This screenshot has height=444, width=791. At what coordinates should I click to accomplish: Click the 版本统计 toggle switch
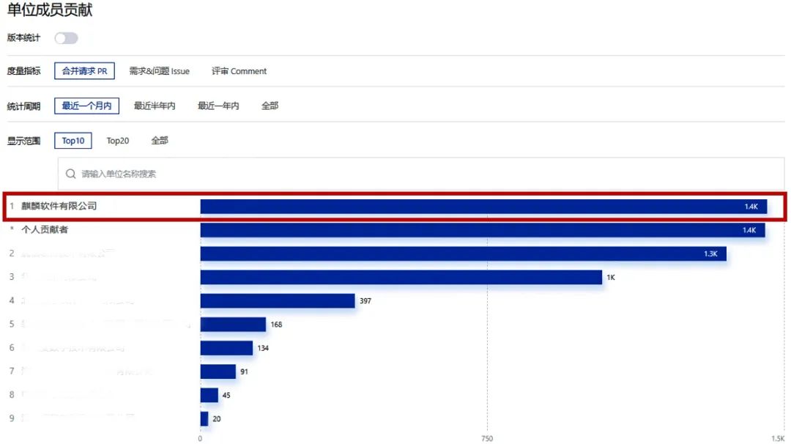tap(66, 38)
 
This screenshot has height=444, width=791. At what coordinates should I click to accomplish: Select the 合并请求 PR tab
tap(84, 71)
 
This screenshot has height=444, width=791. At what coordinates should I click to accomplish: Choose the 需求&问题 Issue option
tap(159, 71)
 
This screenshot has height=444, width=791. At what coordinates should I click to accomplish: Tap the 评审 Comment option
tap(239, 71)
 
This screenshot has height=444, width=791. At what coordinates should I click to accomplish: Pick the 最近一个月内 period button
tap(86, 106)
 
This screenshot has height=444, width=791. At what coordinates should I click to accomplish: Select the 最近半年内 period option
tap(155, 106)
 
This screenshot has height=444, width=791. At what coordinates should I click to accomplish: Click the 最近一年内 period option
tap(218, 106)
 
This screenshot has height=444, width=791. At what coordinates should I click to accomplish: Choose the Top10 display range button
tap(73, 141)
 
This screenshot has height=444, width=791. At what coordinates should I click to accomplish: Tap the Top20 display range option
tap(118, 141)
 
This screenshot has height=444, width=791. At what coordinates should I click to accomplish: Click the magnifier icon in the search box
tap(71, 174)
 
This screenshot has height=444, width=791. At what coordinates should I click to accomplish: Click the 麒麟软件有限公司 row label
tap(59, 207)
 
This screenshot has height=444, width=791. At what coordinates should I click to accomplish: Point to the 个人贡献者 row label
tap(45, 230)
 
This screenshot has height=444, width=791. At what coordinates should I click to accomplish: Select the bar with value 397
tap(277, 300)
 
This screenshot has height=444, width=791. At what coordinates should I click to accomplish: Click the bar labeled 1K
tap(401, 277)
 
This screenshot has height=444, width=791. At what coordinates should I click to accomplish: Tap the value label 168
tap(276, 325)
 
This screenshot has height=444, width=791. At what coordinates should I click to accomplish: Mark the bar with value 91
tap(218, 371)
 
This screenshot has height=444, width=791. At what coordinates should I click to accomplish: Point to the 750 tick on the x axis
tap(487, 438)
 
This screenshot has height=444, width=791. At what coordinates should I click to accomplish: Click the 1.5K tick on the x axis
tap(778, 438)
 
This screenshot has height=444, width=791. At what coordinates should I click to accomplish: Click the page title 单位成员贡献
tap(50, 10)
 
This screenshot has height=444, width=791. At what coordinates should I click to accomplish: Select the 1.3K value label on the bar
tap(710, 254)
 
